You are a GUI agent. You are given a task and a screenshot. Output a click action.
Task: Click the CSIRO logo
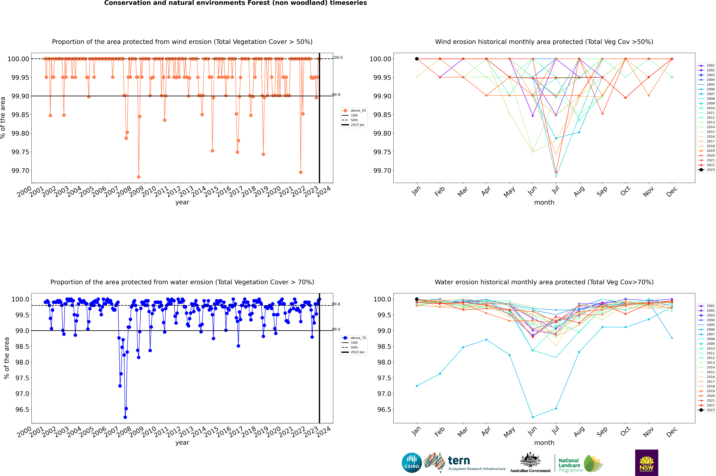click(x=412, y=463)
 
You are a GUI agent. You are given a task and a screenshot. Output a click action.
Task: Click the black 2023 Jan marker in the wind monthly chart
click(x=417, y=59)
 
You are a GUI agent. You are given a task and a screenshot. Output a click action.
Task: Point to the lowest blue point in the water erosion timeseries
click(x=125, y=417)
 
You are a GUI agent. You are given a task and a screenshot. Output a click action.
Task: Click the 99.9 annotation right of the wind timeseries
click(x=336, y=95)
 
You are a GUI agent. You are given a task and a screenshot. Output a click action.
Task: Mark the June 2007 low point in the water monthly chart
click(x=533, y=417)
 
